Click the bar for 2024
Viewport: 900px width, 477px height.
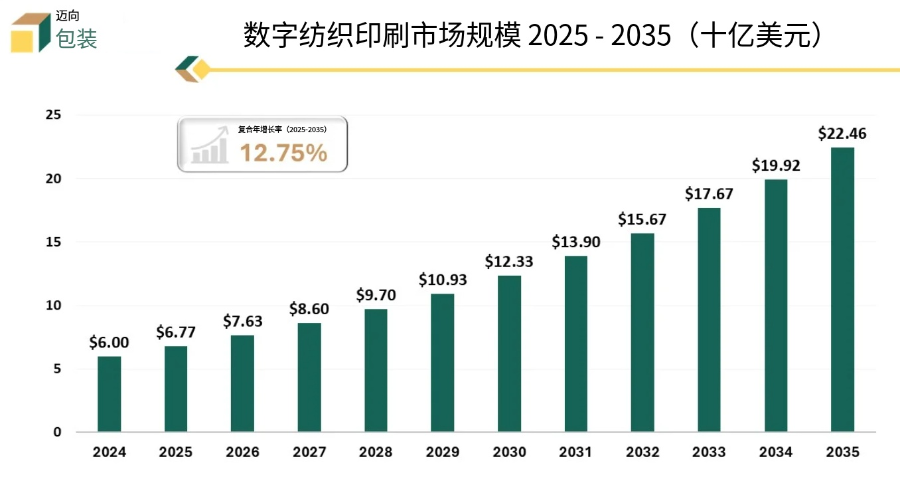[109, 394]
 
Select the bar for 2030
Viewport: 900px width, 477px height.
[509, 353]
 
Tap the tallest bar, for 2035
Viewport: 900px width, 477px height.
[842, 290]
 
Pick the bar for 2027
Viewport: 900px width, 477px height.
[309, 377]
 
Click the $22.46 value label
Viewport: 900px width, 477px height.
[842, 134]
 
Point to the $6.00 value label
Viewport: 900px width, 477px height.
[109, 343]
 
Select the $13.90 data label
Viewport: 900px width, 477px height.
[575, 242]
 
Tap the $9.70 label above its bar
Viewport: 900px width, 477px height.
[376, 295]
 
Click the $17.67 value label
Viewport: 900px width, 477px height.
[709, 194]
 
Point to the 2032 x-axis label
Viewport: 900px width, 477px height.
[642, 452]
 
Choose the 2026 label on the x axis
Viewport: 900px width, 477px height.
[242, 452]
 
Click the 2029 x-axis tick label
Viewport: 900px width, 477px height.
[443, 452]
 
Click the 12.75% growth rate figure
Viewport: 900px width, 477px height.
[283, 153]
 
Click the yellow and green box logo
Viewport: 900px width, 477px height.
[31, 32]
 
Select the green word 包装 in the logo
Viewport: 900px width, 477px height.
[77, 39]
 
